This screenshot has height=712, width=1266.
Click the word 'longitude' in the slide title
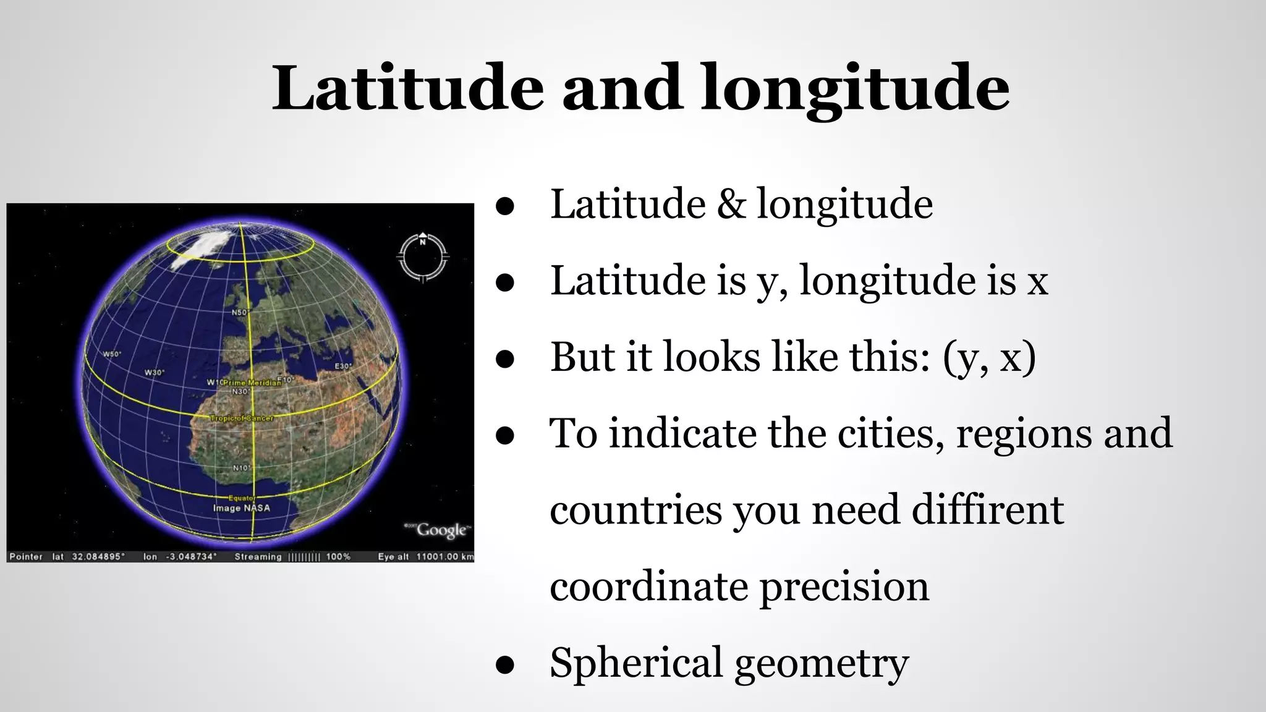[x=855, y=88]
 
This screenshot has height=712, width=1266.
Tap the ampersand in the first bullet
[x=731, y=204]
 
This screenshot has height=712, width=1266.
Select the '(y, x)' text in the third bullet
[x=989, y=357]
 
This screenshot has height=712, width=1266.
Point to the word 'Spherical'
[x=635, y=663]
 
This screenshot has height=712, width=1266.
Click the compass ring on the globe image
[x=423, y=257]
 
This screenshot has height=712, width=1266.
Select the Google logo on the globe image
[x=441, y=530]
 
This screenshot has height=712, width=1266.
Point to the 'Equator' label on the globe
[x=242, y=498]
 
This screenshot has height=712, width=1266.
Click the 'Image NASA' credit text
[x=241, y=508]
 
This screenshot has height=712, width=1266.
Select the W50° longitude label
[x=112, y=354]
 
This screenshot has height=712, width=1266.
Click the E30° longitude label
[x=343, y=367]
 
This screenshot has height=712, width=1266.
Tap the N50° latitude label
[x=239, y=313]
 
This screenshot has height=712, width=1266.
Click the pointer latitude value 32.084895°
[x=98, y=557]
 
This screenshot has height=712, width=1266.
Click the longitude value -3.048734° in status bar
[x=191, y=557]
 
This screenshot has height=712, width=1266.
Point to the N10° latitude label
[x=241, y=468]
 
